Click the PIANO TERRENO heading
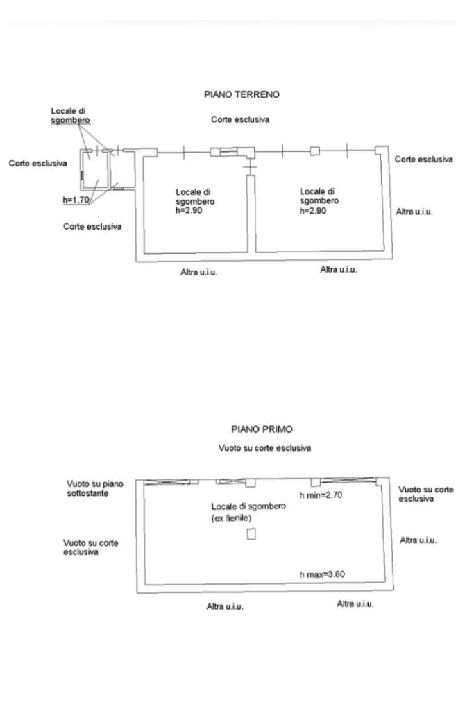(242, 94)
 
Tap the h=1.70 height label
(77, 200)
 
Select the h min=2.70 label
(322, 495)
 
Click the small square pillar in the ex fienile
(251, 533)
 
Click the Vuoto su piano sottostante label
(95, 488)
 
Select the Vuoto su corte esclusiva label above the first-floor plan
(264, 448)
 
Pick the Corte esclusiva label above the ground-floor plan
(239, 120)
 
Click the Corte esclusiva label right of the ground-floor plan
(423, 160)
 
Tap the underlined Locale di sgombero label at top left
(70, 115)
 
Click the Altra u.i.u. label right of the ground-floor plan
(414, 212)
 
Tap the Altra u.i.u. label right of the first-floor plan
(418, 540)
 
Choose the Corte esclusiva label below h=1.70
(92, 226)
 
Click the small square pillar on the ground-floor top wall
(314, 151)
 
